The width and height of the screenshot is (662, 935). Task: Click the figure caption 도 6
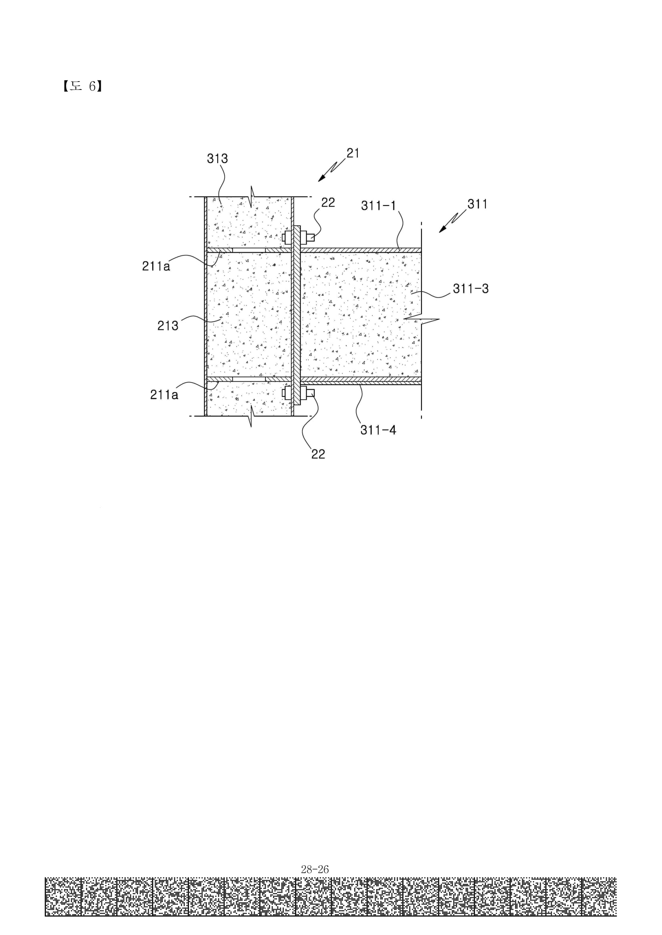(82, 86)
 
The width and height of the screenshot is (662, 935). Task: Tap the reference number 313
(217, 158)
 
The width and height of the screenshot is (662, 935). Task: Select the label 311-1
(379, 205)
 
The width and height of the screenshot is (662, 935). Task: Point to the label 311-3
(470, 289)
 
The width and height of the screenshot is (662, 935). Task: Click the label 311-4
(378, 430)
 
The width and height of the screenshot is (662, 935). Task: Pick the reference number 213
(168, 325)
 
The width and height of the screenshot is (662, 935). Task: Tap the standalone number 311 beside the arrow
(477, 203)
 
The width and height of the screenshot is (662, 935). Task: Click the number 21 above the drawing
(353, 153)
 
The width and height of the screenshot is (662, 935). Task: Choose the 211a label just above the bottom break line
(164, 394)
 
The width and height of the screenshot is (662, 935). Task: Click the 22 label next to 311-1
(328, 202)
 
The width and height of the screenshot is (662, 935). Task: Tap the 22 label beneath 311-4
(318, 454)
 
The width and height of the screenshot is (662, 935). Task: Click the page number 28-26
(315, 869)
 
